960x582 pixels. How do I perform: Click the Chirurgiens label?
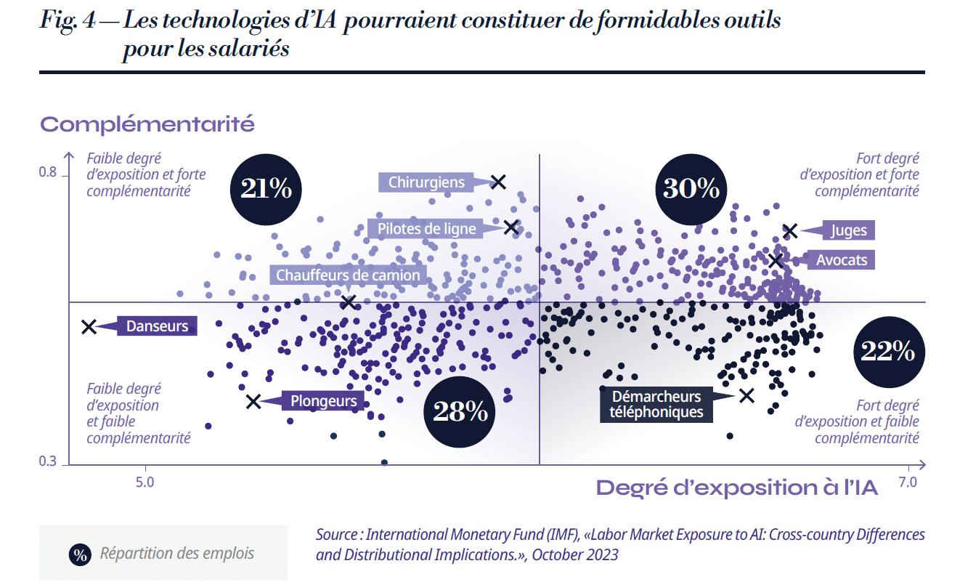pyautogui.click(x=426, y=182)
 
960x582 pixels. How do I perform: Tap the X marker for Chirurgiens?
pyautogui.click(x=498, y=182)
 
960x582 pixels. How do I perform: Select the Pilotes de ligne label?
pyautogui.click(x=426, y=229)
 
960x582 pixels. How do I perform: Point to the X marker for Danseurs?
pyautogui.click(x=89, y=327)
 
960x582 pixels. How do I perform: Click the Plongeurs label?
pyautogui.click(x=323, y=400)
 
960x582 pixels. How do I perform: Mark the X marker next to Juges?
pyautogui.click(x=790, y=231)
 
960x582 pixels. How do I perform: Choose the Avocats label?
pyautogui.click(x=841, y=259)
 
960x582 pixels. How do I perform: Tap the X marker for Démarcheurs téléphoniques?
pyautogui.click(x=747, y=395)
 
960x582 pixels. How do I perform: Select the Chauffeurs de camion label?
pyautogui.click(x=348, y=275)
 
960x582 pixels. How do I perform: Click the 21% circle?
pyautogui.click(x=261, y=189)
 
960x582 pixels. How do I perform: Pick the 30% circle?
pyautogui.click(x=691, y=189)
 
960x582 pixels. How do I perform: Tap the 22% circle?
pyautogui.click(x=887, y=352)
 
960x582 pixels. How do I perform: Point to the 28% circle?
pyautogui.click(x=459, y=411)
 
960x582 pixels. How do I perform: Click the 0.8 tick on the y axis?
pyautogui.click(x=48, y=173)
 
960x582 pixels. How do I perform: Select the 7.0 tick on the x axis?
pyautogui.click(x=908, y=482)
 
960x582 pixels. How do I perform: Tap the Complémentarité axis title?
pyautogui.click(x=147, y=124)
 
